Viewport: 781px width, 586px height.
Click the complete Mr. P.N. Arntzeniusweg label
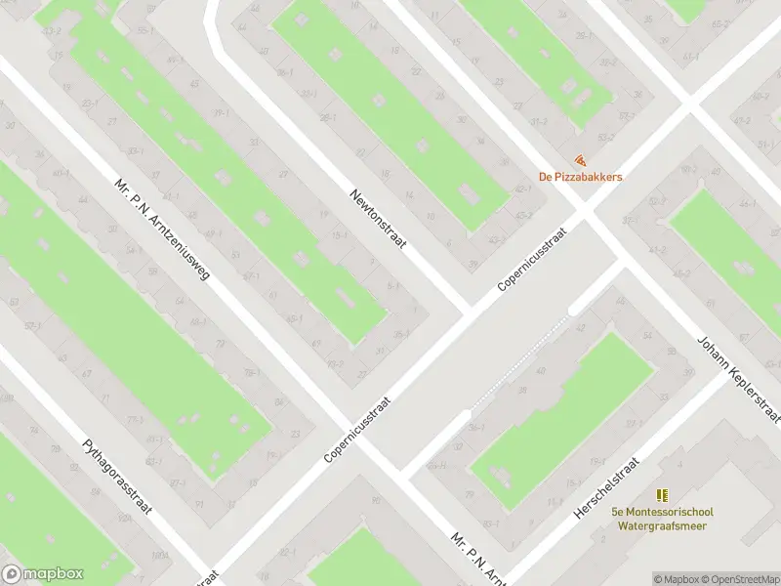click(162, 230)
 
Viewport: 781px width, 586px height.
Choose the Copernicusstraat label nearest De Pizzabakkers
click(532, 256)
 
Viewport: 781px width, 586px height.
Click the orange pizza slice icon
click(581, 159)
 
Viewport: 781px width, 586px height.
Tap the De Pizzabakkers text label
click(581, 177)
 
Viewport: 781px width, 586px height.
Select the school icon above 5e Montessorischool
click(663, 495)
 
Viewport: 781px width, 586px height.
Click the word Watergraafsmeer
click(663, 525)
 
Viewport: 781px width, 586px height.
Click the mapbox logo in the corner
click(43, 574)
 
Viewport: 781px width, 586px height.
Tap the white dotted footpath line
click(517, 361)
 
